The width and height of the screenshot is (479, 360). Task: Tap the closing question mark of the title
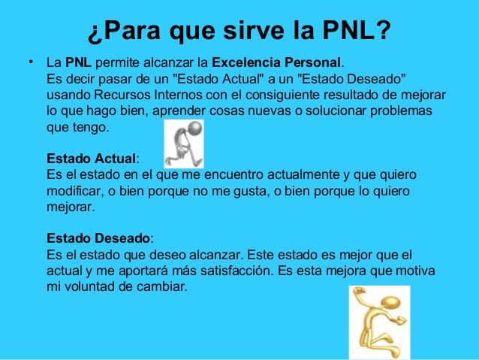(x=383, y=30)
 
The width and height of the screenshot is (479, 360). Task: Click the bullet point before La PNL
(x=31, y=62)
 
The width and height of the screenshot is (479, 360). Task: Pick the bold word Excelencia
(x=246, y=62)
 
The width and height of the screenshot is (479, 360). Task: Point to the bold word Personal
(x=312, y=62)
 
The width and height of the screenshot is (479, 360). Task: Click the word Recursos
(x=122, y=95)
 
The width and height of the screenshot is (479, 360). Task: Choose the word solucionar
(x=336, y=110)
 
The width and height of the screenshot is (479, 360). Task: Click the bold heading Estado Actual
(x=91, y=159)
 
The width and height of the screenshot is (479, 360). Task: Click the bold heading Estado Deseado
(x=98, y=238)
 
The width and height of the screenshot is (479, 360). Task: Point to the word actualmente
(x=303, y=174)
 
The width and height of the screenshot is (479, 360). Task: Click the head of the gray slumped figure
(x=195, y=128)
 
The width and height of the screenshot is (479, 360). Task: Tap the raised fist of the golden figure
(x=358, y=290)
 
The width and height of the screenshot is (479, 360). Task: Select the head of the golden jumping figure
(x=390, y=303)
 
